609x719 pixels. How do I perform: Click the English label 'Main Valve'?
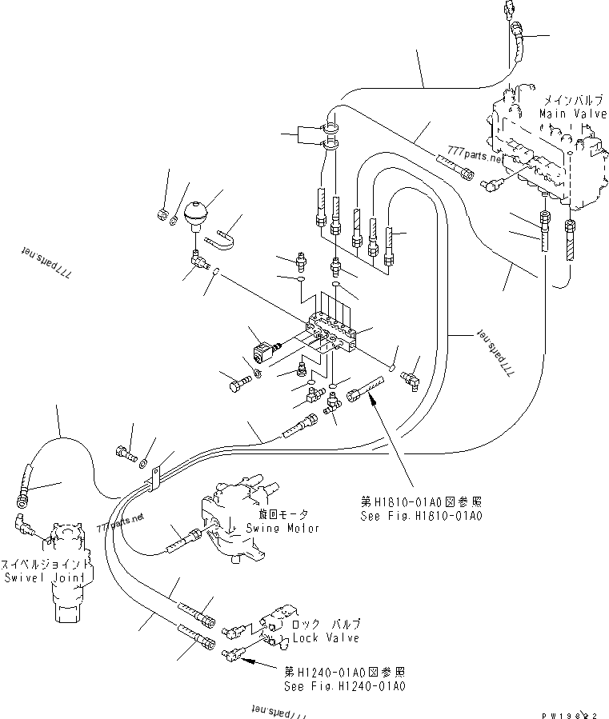click(x=570, y=114)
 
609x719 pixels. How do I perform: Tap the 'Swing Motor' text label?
click(x=282, y=528)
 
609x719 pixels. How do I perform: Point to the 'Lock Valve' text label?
click(x=326, y=637)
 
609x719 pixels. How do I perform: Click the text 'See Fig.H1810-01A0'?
click(x=422, y=516)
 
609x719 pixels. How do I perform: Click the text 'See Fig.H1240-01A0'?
click(x=345, y=685)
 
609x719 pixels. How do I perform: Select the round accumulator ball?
click(x=196, y=214)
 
